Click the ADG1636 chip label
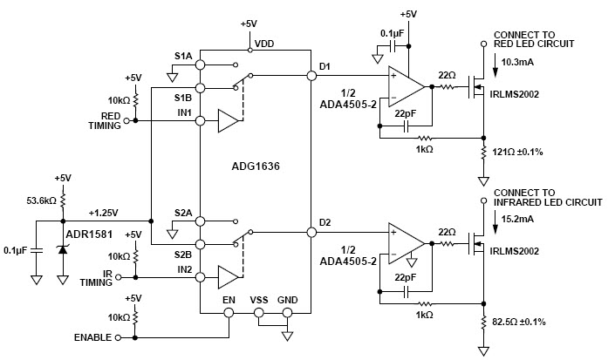pos(256,166)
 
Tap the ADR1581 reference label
pos(89,234)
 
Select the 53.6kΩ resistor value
pos(41,201)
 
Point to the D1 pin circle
pos(311,76)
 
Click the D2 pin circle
pos(311,232)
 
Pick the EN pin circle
pos(229,313)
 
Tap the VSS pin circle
pos(258,313)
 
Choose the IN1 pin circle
pos(200,120)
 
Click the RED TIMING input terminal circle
pos(126,120)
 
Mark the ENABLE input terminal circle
pos(118,337)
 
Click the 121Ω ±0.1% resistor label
pos(517,152)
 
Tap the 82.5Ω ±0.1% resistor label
pos(519,322)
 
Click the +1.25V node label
pos(103,213)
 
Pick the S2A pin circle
pos(200,221)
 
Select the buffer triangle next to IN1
pos(228,120)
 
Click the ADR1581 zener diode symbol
pos(63,248)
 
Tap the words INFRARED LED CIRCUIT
pos(548,202)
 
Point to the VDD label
pos(264,44)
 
